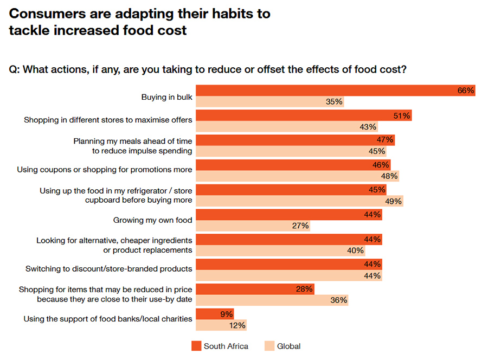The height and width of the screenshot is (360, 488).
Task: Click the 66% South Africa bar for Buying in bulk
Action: coord(325,91)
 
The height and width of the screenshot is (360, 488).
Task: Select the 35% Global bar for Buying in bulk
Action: coord(260,102)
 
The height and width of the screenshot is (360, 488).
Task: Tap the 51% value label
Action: coord(401,115)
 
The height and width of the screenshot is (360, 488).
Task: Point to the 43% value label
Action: coord(368,127)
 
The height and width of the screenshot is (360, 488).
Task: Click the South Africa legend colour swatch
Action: coord(196,346)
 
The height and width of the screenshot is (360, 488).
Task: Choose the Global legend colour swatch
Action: coord(269,346)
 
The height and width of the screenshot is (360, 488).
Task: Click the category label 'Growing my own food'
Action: coord(152,220)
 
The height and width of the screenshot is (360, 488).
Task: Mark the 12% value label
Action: coord(237,325)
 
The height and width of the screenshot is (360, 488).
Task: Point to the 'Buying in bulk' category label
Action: coord(166,97)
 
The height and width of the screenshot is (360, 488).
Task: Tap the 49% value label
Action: coord(393,201)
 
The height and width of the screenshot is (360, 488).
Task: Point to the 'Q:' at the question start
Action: coord(15,69)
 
